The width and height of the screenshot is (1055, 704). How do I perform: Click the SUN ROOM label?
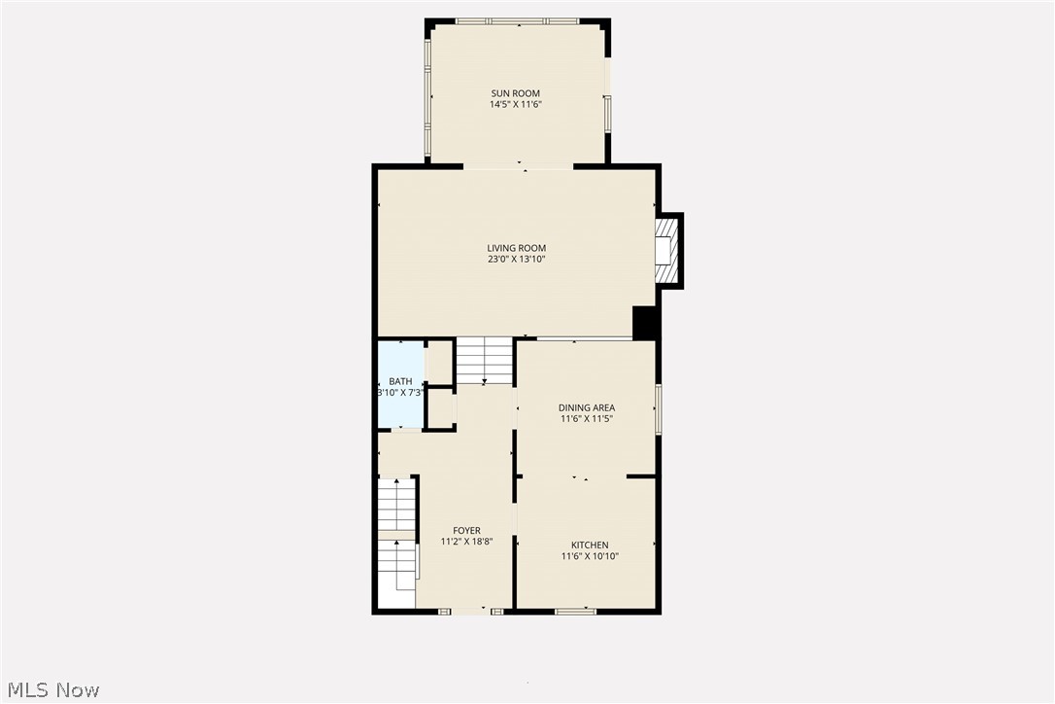(x=515, y=93)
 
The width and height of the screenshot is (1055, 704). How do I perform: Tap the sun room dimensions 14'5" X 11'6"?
(x=515, y=105)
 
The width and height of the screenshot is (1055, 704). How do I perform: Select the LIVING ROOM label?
(x=517, y=248)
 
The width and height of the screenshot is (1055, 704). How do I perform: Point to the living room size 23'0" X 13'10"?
(x=517, y=260)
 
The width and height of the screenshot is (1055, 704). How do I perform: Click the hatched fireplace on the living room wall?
(x=665, y=251)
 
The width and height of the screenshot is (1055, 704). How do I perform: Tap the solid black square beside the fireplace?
(x=645, y=323)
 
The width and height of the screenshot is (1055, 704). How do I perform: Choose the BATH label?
(x=400, y=381)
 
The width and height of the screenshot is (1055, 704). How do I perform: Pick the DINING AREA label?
(x=587, y=407)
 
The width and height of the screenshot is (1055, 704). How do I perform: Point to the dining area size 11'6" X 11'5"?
(x=587, y=419)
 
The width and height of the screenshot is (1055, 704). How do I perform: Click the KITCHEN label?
(x=590, y=545)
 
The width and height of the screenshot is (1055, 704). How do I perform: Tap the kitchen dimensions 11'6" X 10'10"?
(x=590, y=556)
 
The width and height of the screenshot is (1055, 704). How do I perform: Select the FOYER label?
(x=466, y=530)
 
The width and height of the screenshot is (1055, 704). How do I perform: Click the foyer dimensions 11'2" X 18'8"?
(x=466, y=542)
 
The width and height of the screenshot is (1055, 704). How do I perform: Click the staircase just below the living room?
(x=485, y=360)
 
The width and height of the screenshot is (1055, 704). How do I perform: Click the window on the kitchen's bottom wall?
(x=575, y=611)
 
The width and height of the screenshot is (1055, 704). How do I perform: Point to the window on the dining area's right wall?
(x=658, y=409)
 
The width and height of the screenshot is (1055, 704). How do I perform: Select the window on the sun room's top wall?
(x=518, y=20)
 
